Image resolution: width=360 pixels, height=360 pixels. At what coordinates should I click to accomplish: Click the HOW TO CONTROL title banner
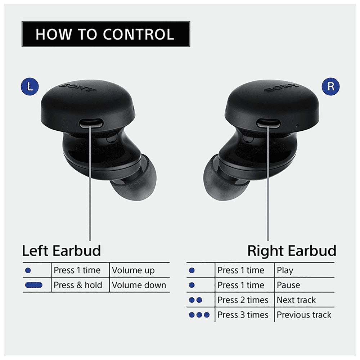105,34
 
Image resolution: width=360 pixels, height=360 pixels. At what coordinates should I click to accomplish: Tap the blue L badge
30,87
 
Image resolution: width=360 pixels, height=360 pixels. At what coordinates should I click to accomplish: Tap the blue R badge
331,87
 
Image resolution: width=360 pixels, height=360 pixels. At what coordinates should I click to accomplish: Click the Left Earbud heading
62,251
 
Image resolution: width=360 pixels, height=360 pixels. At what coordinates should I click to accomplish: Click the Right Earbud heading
292,251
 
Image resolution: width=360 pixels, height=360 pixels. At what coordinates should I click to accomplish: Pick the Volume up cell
133,270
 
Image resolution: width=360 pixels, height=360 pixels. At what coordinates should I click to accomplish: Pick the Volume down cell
139,285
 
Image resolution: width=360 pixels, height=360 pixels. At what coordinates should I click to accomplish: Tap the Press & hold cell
78,285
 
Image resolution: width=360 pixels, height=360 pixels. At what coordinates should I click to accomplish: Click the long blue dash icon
34,285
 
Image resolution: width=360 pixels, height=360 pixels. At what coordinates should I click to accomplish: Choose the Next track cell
296,300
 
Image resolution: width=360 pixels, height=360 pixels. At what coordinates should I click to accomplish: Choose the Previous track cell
304,315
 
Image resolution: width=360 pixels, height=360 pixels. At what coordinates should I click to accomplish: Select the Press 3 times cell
243,315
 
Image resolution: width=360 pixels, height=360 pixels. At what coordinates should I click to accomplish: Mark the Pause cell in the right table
288,285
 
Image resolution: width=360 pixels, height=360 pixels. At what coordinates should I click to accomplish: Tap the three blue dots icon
199,315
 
